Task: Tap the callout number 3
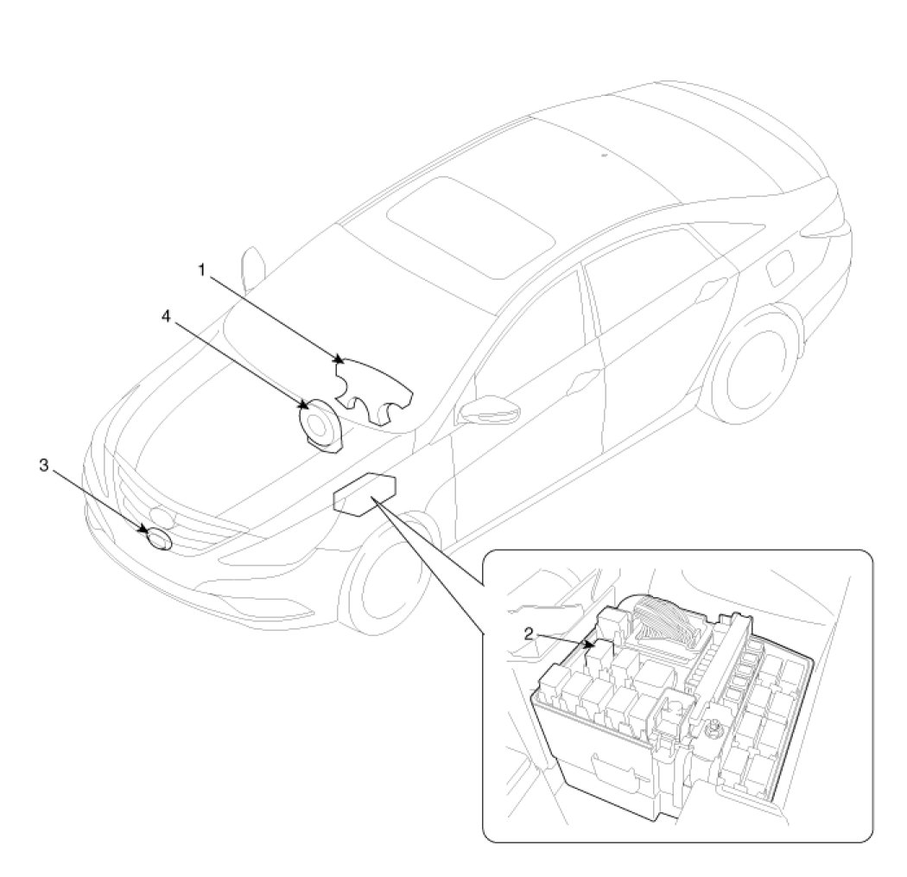(42, 466)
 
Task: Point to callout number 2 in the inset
(528, 633)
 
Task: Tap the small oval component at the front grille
(160, 540)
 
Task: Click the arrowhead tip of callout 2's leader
(591, 645)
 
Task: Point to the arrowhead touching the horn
(305, 404)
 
